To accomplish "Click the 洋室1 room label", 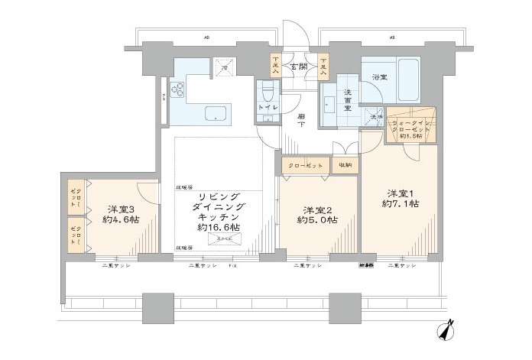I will pyautogui.click(x=401, y=193).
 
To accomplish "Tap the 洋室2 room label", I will pyautogui.click(x=316, y=210).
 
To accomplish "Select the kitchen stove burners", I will pyautogui.click(x=179, y=90).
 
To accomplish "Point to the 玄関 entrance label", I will pyautogui.click(x=297, y=66).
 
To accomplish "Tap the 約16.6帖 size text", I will pyautogui.click(x=218, y=228).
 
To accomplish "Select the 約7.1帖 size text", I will pyautogui.click(x=401, y=204).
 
